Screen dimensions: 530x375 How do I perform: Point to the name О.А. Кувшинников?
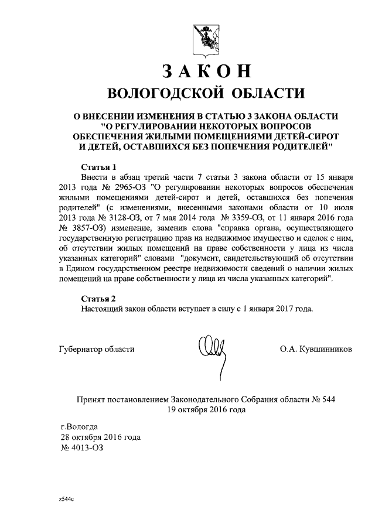tap(316, 349)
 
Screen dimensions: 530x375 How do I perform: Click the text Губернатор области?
tap(97, 349)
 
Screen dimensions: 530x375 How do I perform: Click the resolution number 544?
tap(328, 399)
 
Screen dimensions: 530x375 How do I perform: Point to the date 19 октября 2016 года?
tap(207, 410)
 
